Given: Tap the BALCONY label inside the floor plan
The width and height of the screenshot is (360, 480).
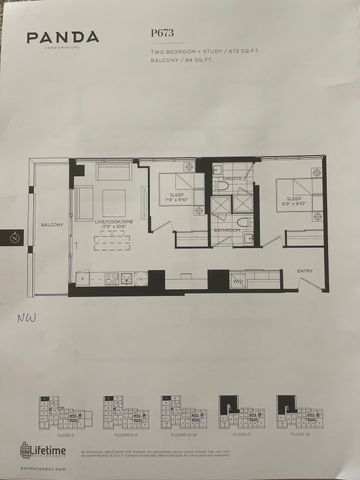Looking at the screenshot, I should pos(53,225).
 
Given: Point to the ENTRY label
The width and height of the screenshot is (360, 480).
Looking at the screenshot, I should pos(304,270).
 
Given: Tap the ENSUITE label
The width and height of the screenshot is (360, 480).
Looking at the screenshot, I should pos(232,176).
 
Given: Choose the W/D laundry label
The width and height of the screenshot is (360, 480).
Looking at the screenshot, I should pos(238,282).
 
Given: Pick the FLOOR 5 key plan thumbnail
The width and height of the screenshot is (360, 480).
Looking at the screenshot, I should pos(55,411).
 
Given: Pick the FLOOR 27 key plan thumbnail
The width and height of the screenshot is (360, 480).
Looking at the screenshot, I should pos(237,411).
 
